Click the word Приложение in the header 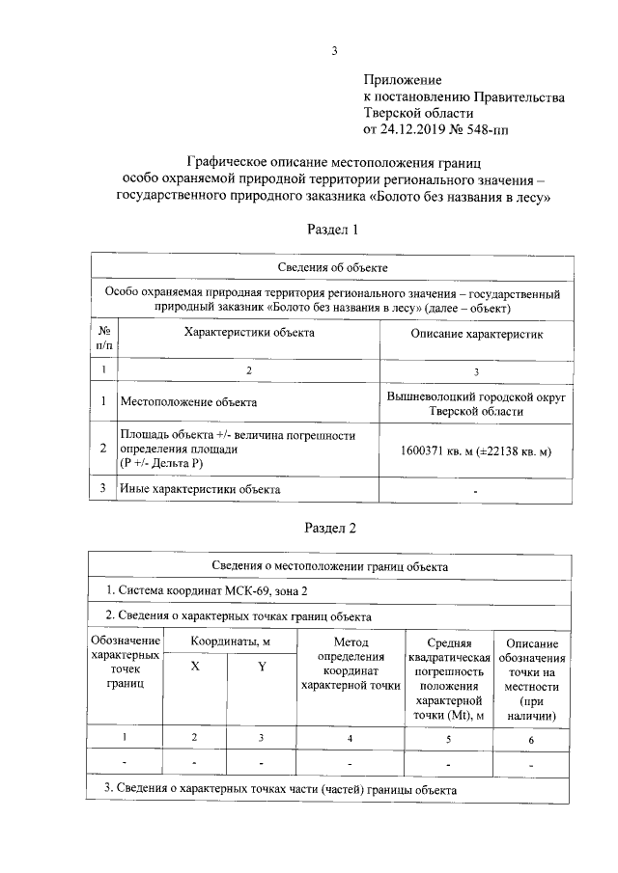coord(403,78)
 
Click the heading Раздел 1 coord(333,230)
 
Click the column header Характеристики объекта coord(249,333)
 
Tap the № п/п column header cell coord(103,337)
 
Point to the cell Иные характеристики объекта coord(199,489)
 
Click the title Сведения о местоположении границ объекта coord(330,564)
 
